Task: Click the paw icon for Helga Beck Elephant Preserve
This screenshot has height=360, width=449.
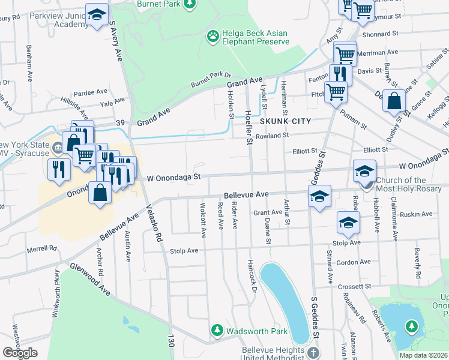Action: [x=212, y=37]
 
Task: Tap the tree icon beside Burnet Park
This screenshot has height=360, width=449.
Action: [x=190, y=5]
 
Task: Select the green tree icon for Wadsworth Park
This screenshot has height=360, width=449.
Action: [x=216, y=330]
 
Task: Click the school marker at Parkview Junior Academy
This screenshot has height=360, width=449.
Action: [x=96, y=16]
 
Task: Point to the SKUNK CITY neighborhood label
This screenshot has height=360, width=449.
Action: [x=285, y=121]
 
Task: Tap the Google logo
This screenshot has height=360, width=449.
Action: [x=20, y=352]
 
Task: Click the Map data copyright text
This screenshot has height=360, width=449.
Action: [x=423, y=355]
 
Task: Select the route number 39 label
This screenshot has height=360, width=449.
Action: [x=121, y=123]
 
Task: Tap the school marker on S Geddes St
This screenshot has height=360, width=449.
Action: [x=320, y=196]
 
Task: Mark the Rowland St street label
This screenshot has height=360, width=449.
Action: [x=272, y=136]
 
